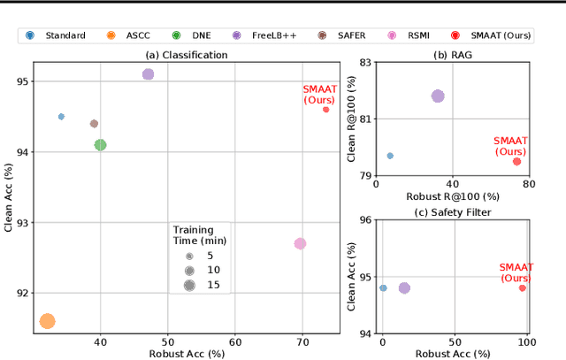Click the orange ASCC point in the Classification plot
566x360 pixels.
click(x=47, y=321)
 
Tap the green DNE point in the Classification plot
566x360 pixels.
click(x=100, y=144)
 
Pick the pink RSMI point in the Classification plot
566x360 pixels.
click(x=300, y=243)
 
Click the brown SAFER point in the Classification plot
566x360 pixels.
click(x=94, y=124)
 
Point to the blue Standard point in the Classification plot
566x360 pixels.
click(x=61, y=117)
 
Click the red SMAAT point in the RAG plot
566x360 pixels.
click(x=516, y=161)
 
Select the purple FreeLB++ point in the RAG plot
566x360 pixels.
click(x=437, y=96)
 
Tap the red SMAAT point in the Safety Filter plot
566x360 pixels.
click(x=523, y=287)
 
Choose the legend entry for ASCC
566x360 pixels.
click(x=133, y=35)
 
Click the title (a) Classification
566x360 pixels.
click(x=186, y=55)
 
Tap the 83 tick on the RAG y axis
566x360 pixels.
click(x=362, y=65)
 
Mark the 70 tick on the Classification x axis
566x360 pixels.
click(x=302, y=341)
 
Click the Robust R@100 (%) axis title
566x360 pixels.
click(x=452, y=195)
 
